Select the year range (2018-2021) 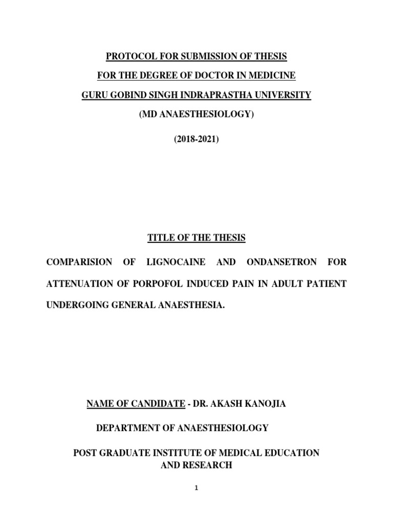[196, 138]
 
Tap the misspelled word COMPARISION [79, 262]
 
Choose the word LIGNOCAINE [176, 262]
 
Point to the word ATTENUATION [77, 284]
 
